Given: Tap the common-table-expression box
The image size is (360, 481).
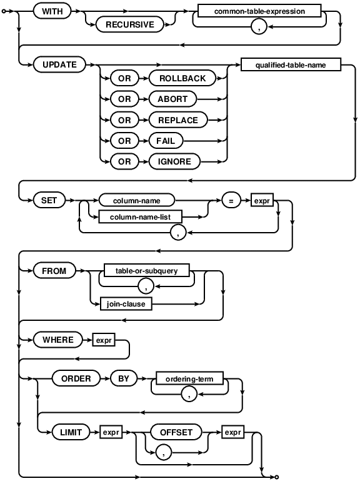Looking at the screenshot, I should pyautogui.click(x=259, y=12).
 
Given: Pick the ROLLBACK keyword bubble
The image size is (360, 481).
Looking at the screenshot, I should pyautogui.click(x=178, y=78).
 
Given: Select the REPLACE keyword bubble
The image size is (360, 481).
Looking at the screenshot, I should pyautogui.click(x=177, y=119).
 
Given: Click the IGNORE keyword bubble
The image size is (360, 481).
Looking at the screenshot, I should pyautogui.click(x=174, y=161).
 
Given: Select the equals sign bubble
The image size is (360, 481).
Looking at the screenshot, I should pyautogui.click(x=230, y=201).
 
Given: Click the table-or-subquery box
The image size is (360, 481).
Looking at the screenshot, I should pyautogui.click(x=147, y=270).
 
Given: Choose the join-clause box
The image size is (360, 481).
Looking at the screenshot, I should pyautogui.click(x=126, y=305).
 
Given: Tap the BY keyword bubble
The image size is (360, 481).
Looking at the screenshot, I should pyautogui.click(x=122, y=378).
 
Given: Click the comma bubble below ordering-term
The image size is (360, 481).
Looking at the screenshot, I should pyautogui.click(x=189, y=393).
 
